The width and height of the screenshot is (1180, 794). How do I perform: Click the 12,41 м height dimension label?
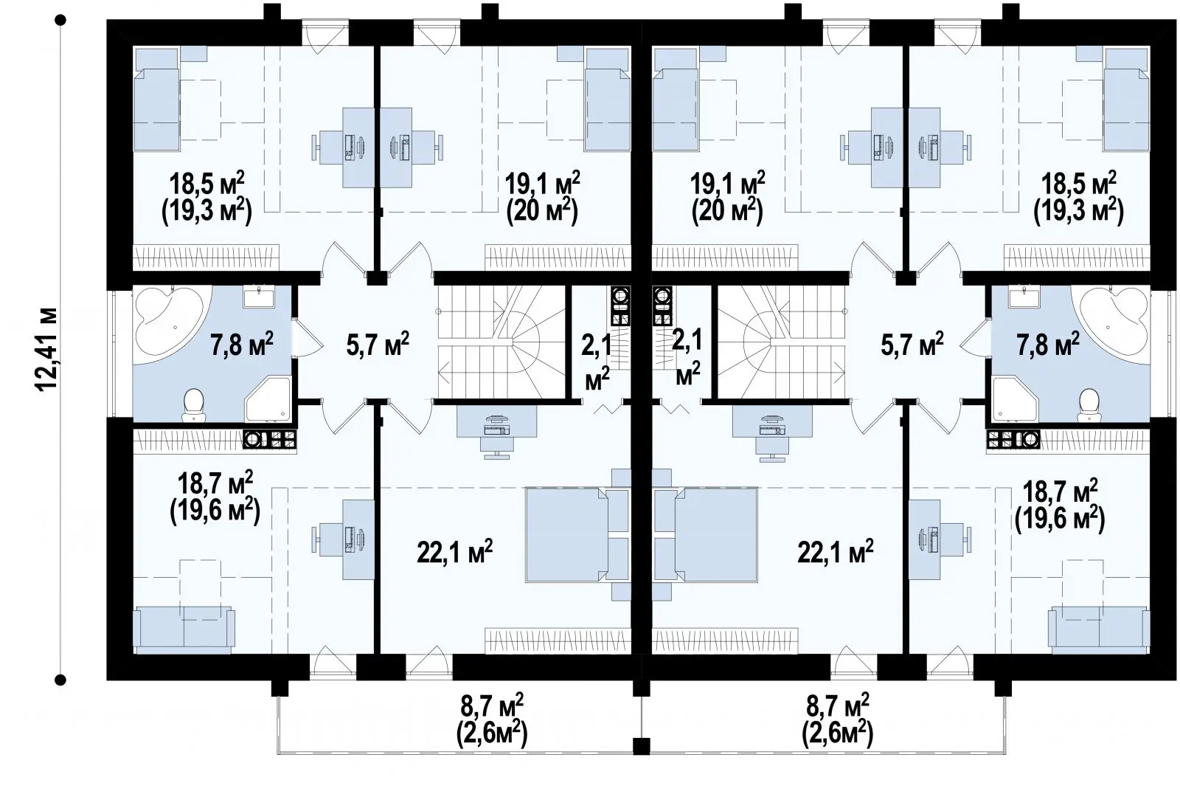point(46,349)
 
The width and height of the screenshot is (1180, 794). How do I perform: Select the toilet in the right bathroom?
point(1089,405)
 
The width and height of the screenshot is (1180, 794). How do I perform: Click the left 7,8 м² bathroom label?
point(242,344)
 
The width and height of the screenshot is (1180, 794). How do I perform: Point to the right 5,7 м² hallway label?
point(912,344)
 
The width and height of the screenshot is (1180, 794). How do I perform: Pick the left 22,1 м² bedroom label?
point(454,551)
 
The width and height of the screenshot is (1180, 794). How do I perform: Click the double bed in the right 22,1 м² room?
point(706,534)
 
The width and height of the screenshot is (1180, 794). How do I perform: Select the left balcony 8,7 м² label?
point(491,706)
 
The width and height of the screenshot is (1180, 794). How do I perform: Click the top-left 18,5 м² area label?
point(206,184)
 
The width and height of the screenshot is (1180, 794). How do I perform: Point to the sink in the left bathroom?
point(259,297)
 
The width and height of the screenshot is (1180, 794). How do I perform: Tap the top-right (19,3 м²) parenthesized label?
point(1078,212)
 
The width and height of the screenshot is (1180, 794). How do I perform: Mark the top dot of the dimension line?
point(60,21)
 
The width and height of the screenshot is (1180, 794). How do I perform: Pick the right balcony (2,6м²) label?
point(837,733)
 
